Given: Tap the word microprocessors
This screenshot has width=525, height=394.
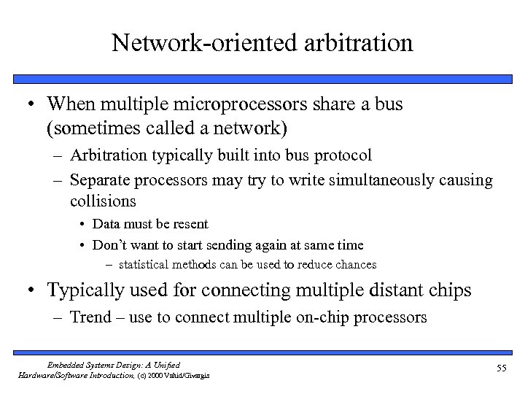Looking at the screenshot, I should [241, 104].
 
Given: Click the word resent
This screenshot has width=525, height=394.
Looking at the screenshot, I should [190, 224].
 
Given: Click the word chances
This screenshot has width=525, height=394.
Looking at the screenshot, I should [352, 264].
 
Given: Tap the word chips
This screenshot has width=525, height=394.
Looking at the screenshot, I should [452, 290].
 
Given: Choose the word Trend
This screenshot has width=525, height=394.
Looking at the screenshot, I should [90, 317].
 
